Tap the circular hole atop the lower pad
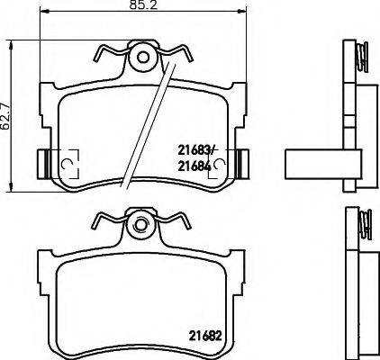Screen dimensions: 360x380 click(x=140, y=222)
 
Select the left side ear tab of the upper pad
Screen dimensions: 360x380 click(x=41, y=162)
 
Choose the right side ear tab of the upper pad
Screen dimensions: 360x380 click(x=240, y=162)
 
